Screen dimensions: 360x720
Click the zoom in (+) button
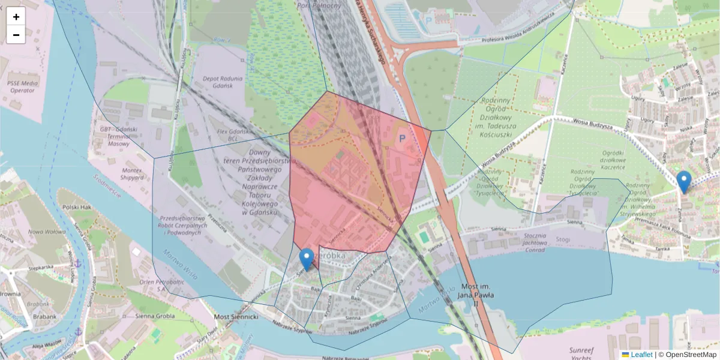tap(16, 16)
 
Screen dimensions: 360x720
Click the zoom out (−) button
tap(16, 35)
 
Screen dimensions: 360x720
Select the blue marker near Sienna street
tap(307, 259)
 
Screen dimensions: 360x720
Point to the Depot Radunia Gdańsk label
tap(223, 83)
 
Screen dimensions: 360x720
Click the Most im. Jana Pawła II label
tap(475, 295)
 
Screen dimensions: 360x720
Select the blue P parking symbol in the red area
tap(403, 138)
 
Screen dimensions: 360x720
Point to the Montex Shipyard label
tap(131, 174)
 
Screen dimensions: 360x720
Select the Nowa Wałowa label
tap(47, 232)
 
